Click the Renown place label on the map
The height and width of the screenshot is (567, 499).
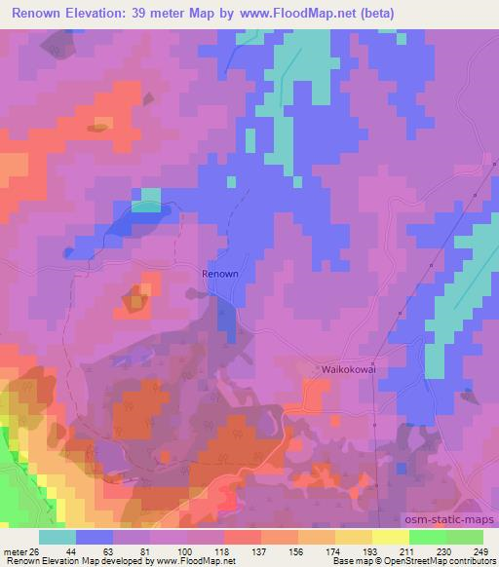(219, 274)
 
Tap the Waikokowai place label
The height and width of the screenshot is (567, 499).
(349, 370)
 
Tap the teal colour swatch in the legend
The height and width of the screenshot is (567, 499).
(58, 536)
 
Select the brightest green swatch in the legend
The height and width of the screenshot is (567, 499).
(427, 536)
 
